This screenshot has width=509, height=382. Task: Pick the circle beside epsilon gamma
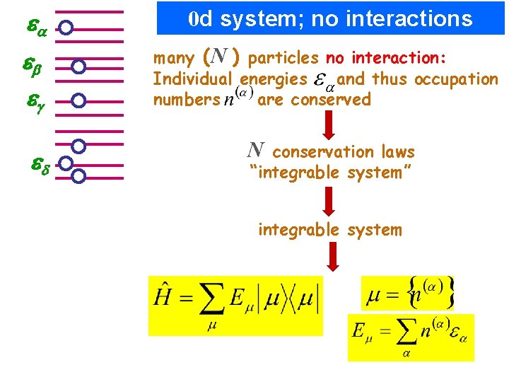click(79, 100)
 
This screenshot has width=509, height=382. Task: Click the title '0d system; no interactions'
click(331, 18)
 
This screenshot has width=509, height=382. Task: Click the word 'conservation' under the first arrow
click(322, 152)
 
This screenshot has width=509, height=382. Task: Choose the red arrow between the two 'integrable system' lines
click(329, 201)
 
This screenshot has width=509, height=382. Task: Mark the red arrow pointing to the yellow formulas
click(329, 255)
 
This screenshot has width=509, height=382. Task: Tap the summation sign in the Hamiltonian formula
click(210, 301)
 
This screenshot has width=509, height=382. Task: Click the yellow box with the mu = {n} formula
click(410, 292)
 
